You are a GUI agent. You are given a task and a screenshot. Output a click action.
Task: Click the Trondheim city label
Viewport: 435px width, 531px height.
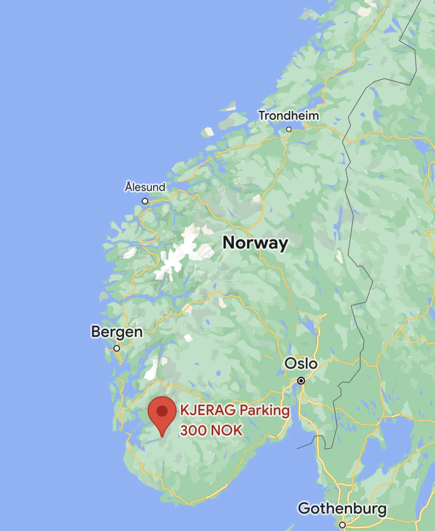click(x=289, y=116)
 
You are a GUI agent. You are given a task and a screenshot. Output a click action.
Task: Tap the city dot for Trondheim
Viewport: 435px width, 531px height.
click(x=289, y=129)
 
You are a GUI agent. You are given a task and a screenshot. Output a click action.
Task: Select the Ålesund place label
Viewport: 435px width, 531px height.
click(x=145, y=187)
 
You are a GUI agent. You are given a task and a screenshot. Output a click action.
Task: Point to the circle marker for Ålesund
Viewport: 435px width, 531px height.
click(x=145, y=201)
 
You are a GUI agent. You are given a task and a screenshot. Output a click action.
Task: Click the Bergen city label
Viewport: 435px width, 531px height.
click(x=117, y=332)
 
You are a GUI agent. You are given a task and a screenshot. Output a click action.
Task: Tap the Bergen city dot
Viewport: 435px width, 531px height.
click(x=117, y=348)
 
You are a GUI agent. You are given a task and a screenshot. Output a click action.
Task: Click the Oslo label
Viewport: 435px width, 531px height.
click(x=301, y=364)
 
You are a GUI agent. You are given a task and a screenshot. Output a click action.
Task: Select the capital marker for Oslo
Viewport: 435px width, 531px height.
click(x=301, y=381)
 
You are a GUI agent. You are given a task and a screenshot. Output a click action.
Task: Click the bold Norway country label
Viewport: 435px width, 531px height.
click(x=255, y=243)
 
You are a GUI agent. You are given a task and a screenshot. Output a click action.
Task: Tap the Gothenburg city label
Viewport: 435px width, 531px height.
click(x=342, y=508)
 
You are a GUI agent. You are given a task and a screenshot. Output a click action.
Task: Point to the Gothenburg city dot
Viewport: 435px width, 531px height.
click(x=342, y=525)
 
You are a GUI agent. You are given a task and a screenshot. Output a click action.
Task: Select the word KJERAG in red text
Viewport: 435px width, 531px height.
click(x=208, y=410)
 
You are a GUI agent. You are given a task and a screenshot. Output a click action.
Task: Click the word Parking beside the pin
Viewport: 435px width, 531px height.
click(x=264, y=411)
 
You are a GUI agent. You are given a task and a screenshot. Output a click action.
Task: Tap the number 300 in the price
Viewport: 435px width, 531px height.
click(x=193, y=430)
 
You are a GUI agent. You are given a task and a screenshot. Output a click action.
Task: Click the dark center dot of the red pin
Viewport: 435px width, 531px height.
click(x=162, y=411)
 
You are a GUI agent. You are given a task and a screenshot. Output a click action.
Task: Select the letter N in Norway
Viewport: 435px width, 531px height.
click(x=229, y=243)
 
